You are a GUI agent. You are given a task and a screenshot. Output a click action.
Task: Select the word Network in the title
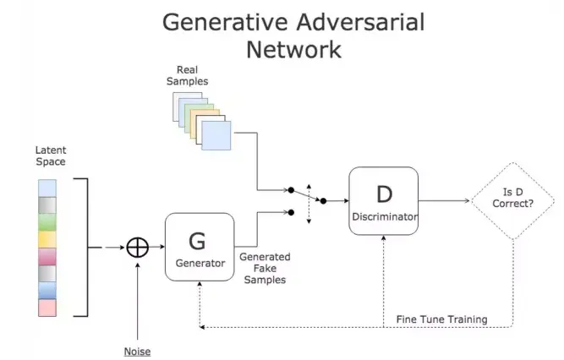pyautogui.click(x=293, y=49)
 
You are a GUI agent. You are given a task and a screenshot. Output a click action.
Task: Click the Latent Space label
pyautogui.click(x=50, y=155)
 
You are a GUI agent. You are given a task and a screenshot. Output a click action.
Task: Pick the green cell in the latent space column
pyautogui.click(x=48, y=222)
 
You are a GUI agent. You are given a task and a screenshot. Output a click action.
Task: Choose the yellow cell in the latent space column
pyautogui.click(x=48, y=240)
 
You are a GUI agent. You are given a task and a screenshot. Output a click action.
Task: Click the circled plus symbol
pyautogui.click(x=137, y=248)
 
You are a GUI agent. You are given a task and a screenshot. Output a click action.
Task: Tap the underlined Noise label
pyautogui.click(x=138, y=351)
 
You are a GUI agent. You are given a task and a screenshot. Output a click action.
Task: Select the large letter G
pyautogui.click(x=197, y=240)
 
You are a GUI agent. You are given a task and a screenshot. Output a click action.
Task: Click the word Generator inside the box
pyautogui.click(x=200, y=263)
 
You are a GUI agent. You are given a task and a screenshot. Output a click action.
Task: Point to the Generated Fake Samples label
pyautogui.click(x=265, y=268)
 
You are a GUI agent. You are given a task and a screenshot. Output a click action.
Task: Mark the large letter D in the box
pyautogui.click(x=384, y=194)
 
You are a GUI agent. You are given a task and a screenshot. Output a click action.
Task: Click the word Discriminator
pyautogui.click(x=384, y=217)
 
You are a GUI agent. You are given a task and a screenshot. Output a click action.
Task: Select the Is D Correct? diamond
pyautogui.click(x=512, y=200)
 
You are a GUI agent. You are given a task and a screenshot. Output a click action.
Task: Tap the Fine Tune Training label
pyautogui.click(x=441, y=319)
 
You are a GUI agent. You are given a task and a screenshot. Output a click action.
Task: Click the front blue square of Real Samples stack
pyautogui.click(x=216, y=136)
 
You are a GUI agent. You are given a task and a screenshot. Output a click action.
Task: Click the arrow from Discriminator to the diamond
pyautogui.click(x=444, y=201)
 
